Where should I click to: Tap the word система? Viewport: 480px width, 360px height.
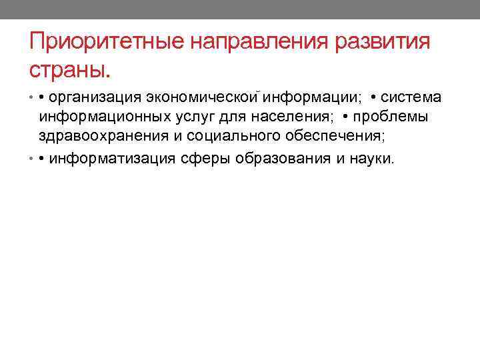(x=411, y=97)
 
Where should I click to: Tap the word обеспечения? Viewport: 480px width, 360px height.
(x=333, y=137)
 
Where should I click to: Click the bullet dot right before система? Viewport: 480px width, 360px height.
(x=372, y=98)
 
